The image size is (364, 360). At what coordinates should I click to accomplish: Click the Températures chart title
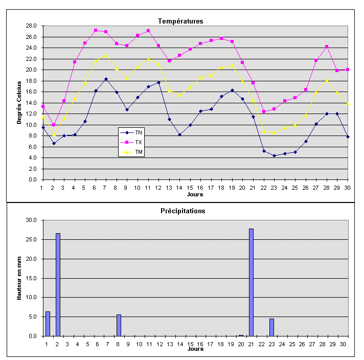tap(180, 21)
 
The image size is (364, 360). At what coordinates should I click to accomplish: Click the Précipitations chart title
tap(183, 211)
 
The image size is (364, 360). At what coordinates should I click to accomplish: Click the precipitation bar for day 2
tap(58, 284)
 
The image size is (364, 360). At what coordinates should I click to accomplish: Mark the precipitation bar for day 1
tap(48, 324)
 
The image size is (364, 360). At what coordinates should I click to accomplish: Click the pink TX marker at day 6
tap(96, 30)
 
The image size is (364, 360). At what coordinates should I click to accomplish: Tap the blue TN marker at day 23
tap(274, 155)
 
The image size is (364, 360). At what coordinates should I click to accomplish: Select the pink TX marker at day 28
tap(326, 47)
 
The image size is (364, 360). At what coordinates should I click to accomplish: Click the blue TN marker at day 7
tap(106, 79)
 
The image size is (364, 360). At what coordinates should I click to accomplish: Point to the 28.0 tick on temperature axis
tap(31, 26)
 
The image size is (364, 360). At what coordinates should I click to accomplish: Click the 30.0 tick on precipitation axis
tap(31, 220)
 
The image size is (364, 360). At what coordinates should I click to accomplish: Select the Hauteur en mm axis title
tap(19, 278)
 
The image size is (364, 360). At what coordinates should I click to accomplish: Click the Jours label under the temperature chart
tap(195, 194)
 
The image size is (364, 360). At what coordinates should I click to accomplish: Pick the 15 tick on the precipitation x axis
tap(190, 344)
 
